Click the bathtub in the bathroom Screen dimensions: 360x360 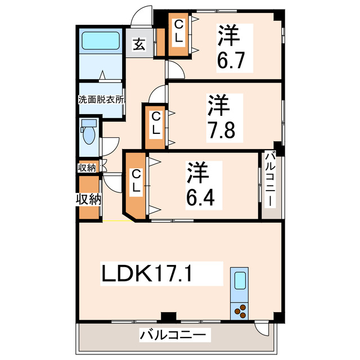tap(101, 41)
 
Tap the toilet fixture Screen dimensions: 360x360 tap(88, 133)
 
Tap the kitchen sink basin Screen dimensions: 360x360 tap(240, 280)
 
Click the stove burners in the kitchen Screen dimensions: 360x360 tap(240, 309)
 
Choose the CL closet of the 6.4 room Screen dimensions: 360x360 tap(136, 183)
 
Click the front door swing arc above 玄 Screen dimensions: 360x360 tap(141, 16)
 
